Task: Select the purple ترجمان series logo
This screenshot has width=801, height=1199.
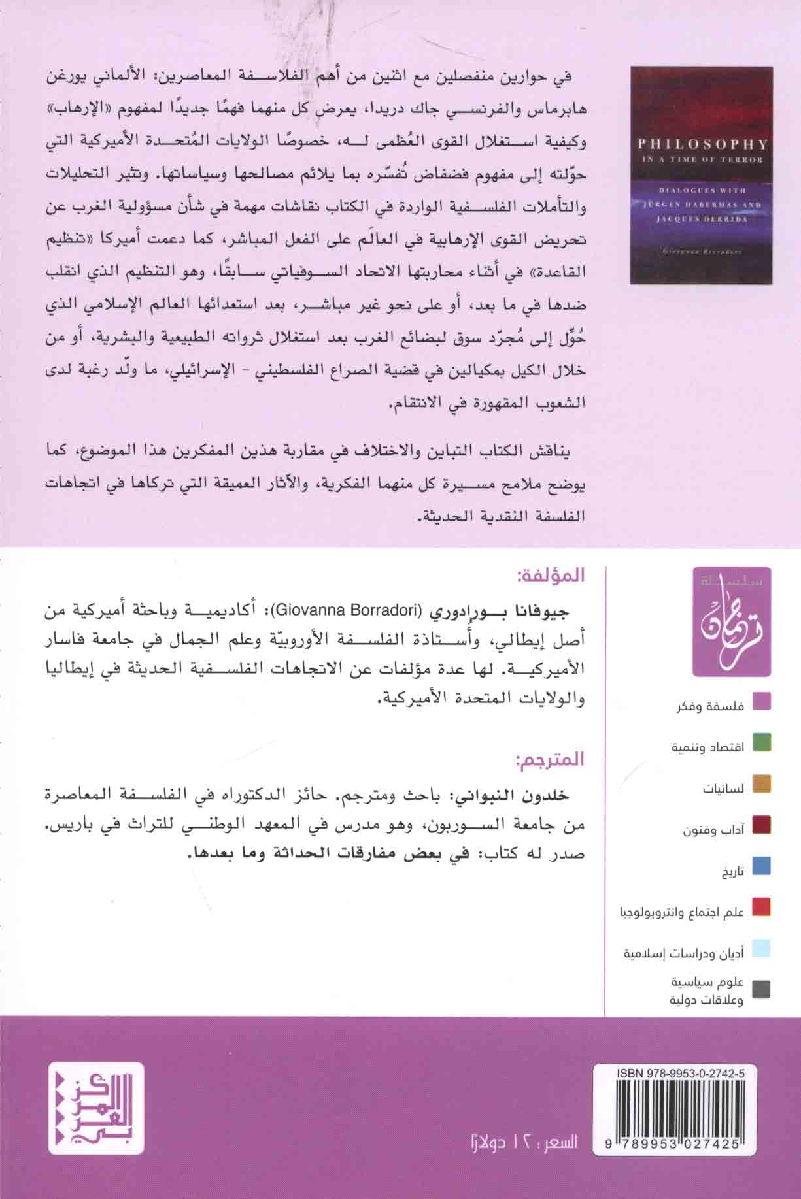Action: point(732,621)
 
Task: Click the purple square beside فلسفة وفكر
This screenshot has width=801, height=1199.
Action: point(761,701)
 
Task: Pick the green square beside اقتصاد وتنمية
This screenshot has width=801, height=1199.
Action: point(761,742)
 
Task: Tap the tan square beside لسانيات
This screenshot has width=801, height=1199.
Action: point(761,783)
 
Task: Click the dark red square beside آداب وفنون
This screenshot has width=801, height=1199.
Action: point(761,825)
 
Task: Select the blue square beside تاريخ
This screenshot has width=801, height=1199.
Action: point(761,866)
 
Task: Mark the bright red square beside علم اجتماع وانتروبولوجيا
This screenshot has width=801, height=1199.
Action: point(761,907)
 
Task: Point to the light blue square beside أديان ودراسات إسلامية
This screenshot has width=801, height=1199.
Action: point(761,948)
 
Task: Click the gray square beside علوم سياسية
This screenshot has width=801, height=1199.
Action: point(761,989)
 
